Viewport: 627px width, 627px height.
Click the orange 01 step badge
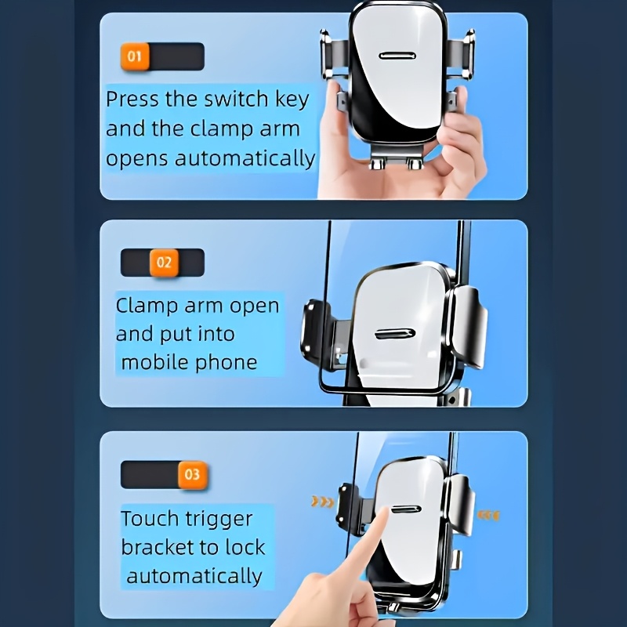pos(135,56)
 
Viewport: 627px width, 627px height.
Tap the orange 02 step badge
pos(164,263)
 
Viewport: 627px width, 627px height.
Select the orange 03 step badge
pos(192,475)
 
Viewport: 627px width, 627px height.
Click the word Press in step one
pos(132,99)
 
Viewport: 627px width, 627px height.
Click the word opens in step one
pos(136,159)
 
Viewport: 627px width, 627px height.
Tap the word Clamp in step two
pos(147,306)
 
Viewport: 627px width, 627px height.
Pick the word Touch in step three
pos(150,519)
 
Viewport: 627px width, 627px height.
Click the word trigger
pos(219,520)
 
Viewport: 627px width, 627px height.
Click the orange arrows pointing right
pos(322,502)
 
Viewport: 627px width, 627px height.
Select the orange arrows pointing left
pos(488,516)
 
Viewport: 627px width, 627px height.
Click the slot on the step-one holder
pos(397,56)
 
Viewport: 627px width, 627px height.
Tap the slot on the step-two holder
pos(395,334)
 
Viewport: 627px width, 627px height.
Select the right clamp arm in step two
pos(469,327)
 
